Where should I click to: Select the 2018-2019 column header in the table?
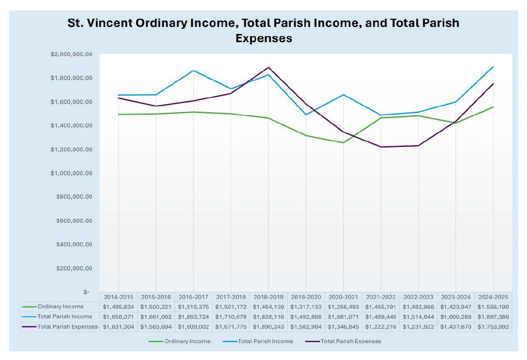268,297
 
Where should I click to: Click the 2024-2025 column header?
493,297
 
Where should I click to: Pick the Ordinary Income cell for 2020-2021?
343,307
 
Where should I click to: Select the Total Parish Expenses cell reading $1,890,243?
268,327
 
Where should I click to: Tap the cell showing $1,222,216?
380,327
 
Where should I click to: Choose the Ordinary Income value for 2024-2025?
493,307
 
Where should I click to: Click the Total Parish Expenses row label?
67,327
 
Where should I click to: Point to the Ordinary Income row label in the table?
60,307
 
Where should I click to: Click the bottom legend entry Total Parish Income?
265,342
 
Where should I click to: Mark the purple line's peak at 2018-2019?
268,67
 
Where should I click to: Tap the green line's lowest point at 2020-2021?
343,143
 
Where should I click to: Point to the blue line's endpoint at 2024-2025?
493,67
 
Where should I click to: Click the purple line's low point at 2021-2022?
380,147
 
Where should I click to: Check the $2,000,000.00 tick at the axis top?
71,54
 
